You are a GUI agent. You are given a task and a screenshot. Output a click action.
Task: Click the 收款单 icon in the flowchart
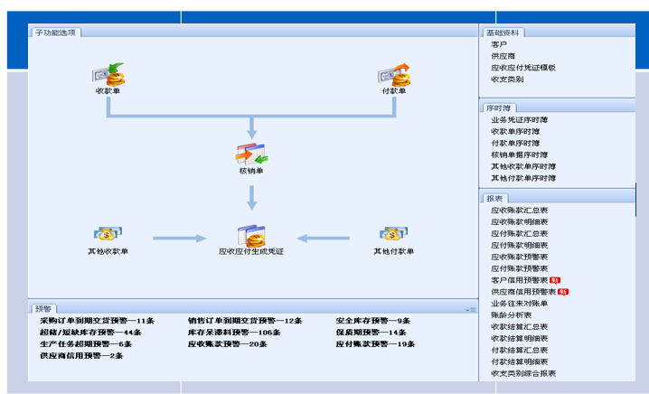108,74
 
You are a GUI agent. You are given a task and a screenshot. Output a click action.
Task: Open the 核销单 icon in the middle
251,154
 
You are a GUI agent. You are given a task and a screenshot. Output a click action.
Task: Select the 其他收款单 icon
108,234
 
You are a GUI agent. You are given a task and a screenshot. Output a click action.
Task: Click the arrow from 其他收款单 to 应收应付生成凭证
180,239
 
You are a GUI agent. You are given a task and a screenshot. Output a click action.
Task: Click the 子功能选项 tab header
56,33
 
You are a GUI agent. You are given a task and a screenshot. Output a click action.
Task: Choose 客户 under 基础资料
499,44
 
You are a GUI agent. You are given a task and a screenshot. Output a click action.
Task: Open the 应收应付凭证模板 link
522,68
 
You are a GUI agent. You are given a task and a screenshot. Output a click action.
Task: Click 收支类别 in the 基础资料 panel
507,80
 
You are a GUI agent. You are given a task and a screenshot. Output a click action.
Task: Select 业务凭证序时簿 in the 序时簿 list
519,119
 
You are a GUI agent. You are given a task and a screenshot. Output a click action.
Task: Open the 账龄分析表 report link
511,314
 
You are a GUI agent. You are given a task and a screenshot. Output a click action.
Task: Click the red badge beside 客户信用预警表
553,280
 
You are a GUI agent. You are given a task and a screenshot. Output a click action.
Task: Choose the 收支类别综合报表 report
523,373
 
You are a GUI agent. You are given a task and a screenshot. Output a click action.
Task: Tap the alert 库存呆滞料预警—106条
234,333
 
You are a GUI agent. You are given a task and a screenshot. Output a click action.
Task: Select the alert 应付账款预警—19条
374,344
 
